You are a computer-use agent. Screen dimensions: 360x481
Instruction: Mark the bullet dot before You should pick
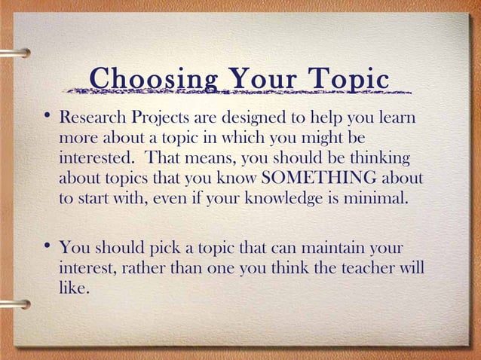click(x=47, y=244)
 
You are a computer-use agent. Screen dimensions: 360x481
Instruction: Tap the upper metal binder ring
click(x=15, y=53)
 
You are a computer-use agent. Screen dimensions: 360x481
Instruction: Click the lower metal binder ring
click(x=15, y=304)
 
